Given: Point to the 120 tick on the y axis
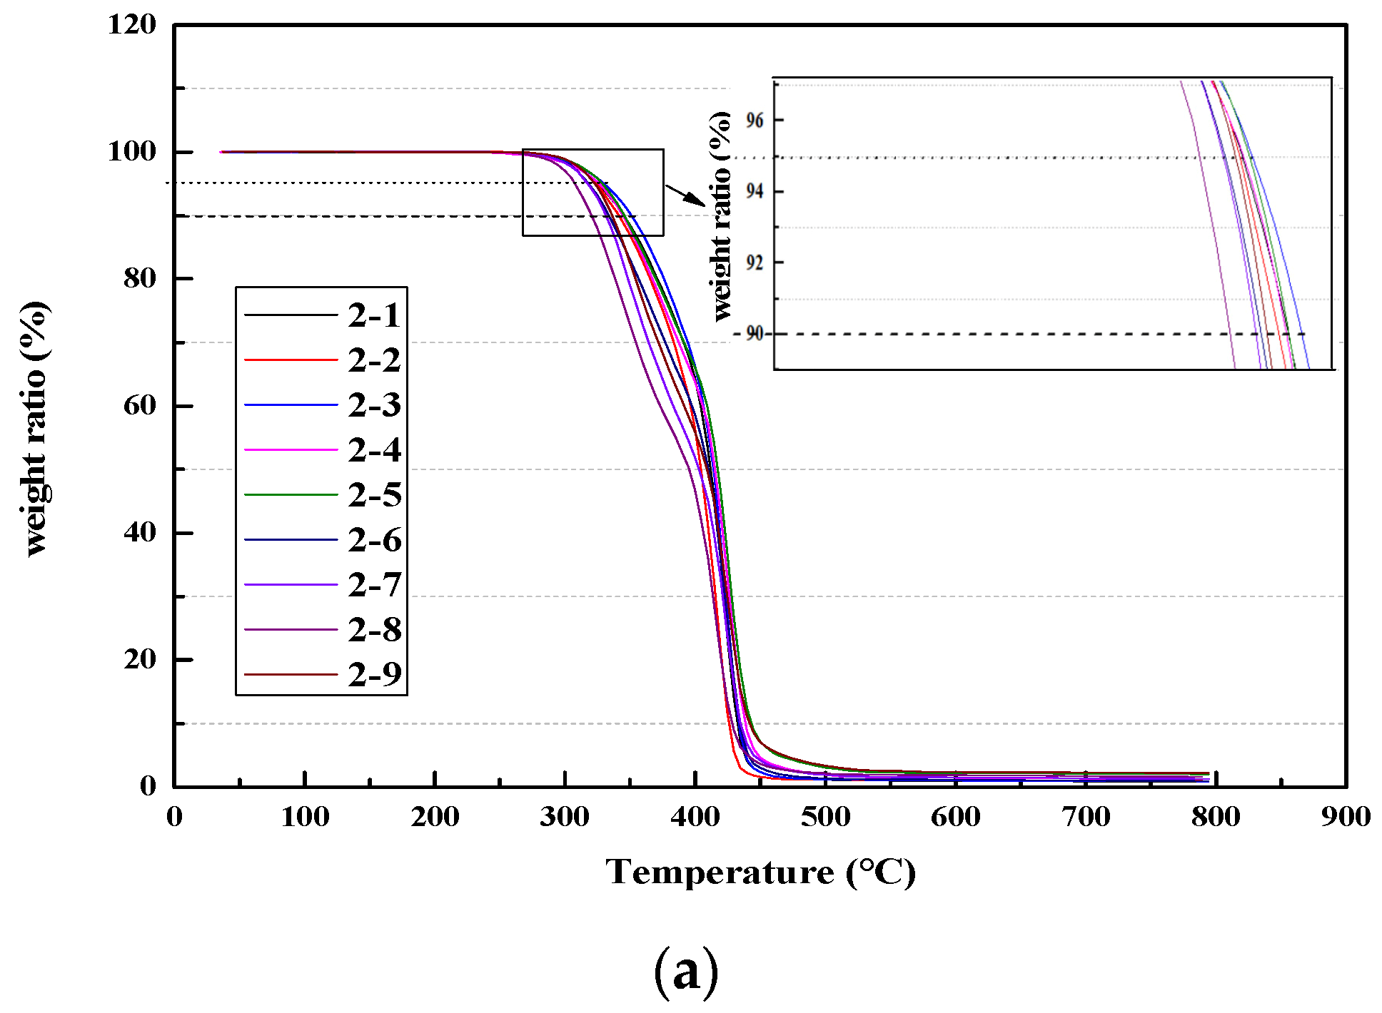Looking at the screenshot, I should coord(132,25).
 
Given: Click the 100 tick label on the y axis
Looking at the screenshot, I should coord(132,151).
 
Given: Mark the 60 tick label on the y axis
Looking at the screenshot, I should coord(140,405).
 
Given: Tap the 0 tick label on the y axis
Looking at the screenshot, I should coord(148,786).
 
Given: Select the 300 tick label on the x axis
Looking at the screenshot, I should coord(565,817).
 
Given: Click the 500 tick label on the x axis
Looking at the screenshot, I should coord(825,817).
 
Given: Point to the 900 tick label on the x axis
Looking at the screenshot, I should coord(1346,817).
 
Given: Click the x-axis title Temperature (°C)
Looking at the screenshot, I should coord(760,872).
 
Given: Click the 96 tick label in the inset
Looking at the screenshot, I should coord(755,121).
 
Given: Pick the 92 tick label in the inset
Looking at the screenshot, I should coord(755,263).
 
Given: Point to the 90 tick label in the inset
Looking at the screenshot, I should coord(755,333).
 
